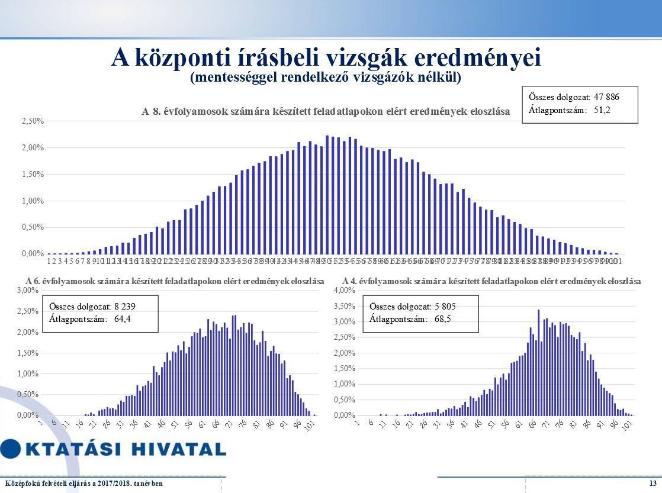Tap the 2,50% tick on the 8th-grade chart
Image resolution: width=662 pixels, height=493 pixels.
point(34,121)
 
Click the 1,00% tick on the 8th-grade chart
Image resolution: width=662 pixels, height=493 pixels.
point(34,201)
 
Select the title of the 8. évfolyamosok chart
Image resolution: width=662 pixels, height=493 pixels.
point(325,111)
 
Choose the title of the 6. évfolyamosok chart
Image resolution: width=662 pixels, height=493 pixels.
point(175,282)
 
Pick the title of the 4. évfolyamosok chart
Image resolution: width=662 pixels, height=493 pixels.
point(491,282)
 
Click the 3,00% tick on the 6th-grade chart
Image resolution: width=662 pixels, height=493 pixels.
point(27,291)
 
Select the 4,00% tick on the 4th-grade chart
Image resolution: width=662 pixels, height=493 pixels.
point(344,291)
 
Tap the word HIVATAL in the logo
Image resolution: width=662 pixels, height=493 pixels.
point(176,449)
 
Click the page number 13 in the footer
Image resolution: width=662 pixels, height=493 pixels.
point(653,484)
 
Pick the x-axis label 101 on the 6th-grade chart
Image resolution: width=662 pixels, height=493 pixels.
point(310,425)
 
